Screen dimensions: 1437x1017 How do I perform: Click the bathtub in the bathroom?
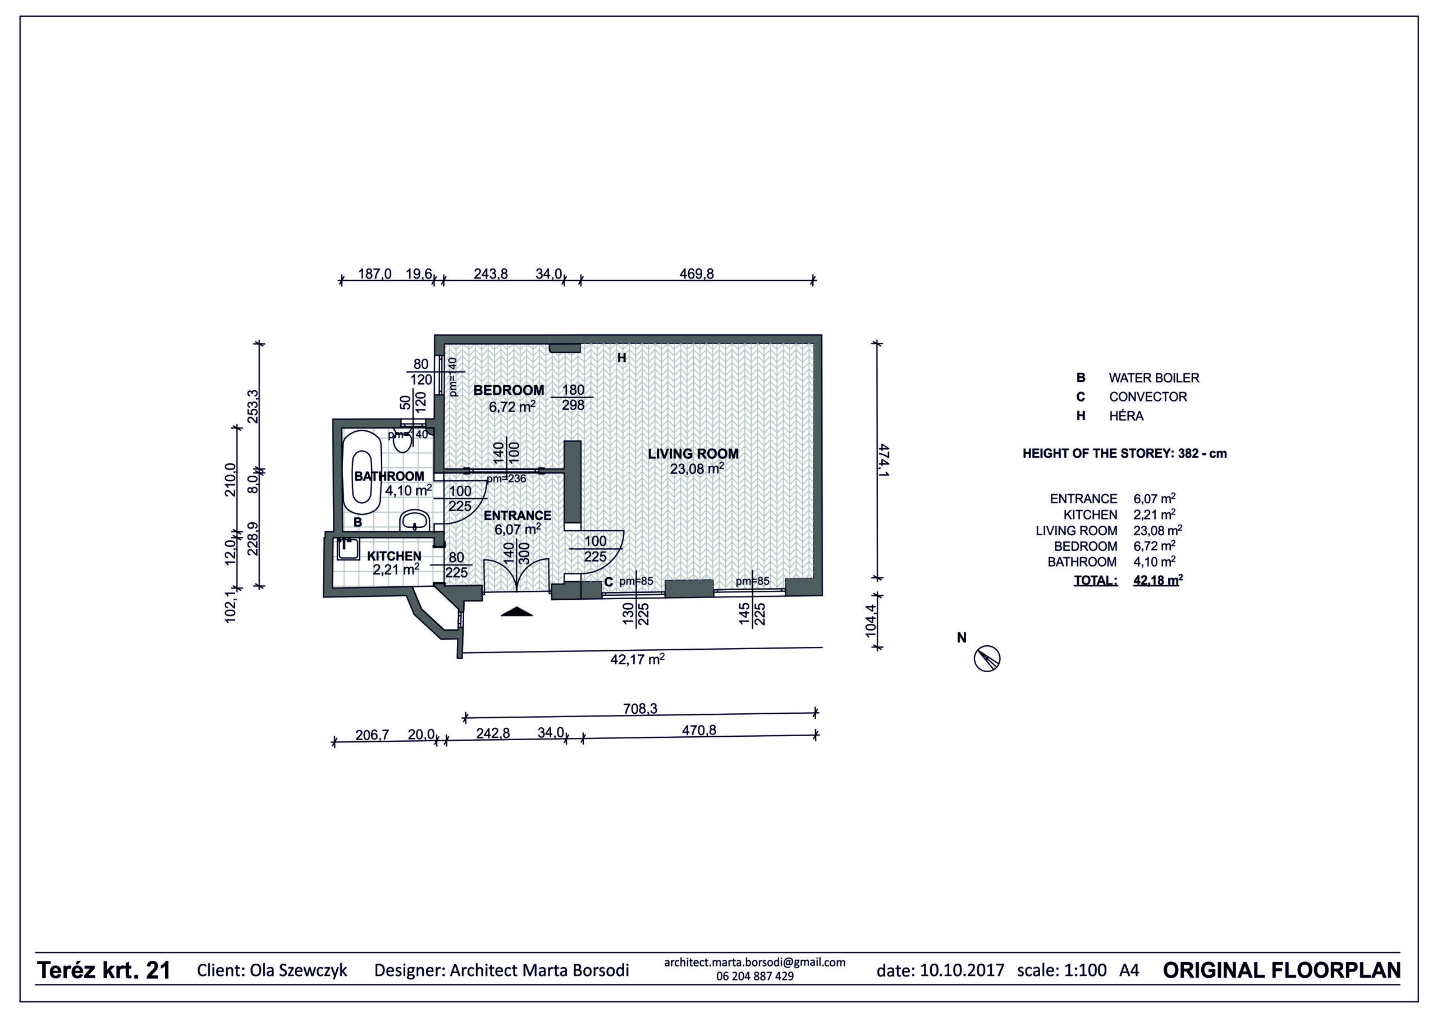click(x=361, y=468)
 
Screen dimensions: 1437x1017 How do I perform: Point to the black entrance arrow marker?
click(x=516, y=612)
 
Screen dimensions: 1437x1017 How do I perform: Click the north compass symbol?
click(x=987, y=659)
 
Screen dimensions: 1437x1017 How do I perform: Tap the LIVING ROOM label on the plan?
click(x=693, y=453)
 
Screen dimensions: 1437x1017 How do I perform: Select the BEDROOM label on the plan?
click(x=509, y=390)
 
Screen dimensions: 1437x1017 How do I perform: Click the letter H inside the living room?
click(x=621, y=358)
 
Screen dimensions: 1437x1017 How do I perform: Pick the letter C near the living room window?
click(x=608, y=582)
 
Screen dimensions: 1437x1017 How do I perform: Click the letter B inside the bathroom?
click(x=358, y=522)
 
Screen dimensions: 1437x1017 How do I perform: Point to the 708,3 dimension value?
click(x=640, y=709)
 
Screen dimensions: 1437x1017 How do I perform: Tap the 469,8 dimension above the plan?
click(x=697, y=273)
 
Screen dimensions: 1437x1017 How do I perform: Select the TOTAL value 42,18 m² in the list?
click(x=1158, y=580)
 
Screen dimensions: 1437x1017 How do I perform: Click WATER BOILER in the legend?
click(x=1154, y=378)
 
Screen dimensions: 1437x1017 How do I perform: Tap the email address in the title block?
click(x=755, y=963)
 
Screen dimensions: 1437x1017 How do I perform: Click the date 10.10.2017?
click(x=962, y=970)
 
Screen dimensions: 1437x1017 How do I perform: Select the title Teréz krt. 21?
click(x=104, y=970)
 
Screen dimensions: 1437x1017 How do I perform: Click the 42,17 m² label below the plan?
click(x=637, y=659)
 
